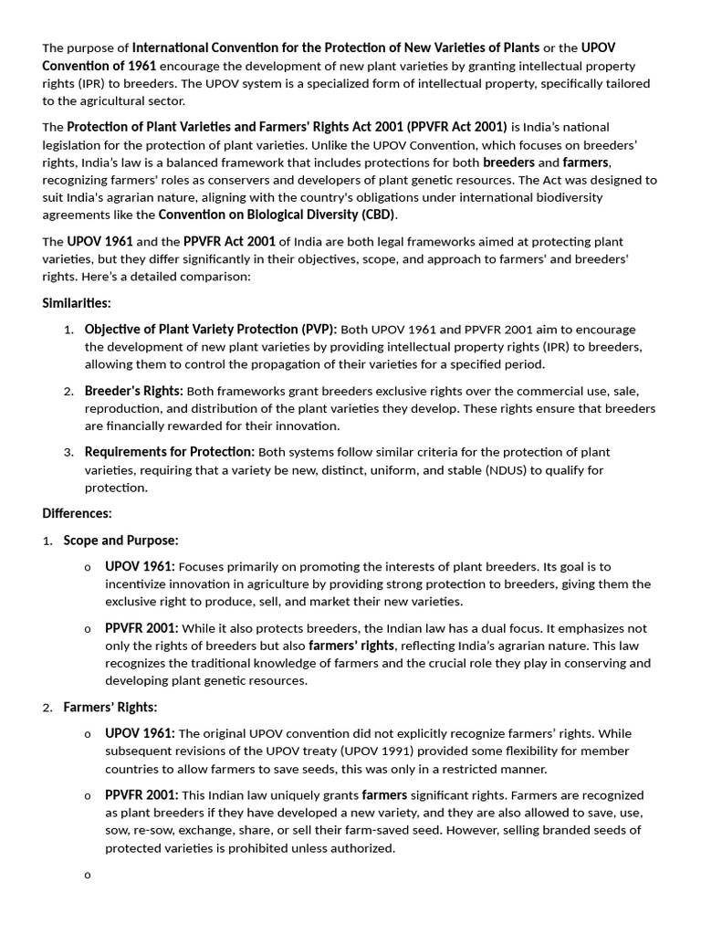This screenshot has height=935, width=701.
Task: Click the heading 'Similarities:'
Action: (x=77, y=303)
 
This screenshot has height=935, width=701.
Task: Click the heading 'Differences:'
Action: (x=77, y=513)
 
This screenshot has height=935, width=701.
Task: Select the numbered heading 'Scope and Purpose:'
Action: (x=120, y=541)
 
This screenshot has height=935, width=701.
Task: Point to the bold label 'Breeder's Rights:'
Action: (x=133, y=391)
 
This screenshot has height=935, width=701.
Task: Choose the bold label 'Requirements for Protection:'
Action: (x=170, y=452)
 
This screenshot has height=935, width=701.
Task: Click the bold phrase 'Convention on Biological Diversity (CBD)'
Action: (x=277, y=215)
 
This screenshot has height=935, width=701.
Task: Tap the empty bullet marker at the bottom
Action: (x=88, y=876)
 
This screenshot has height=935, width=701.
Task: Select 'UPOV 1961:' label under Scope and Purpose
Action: (x=140, y=566)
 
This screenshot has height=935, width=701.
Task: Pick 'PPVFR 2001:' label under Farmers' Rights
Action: (x=141, y=795)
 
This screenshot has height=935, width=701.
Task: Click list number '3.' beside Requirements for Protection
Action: (x=68, y=452)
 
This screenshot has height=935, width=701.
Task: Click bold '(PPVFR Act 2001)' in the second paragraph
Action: (x=456, y=127)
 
